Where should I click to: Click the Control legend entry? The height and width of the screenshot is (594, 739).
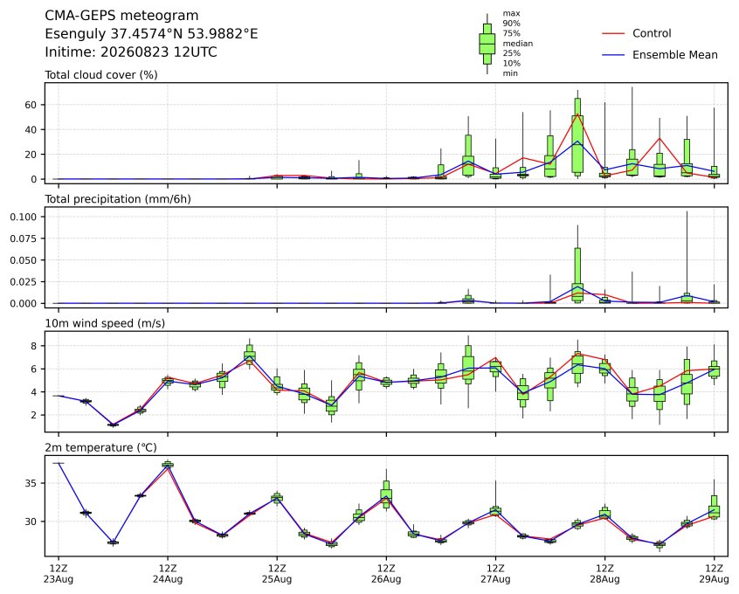(636, 33)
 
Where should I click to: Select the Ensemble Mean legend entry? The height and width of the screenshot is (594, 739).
(660, 55)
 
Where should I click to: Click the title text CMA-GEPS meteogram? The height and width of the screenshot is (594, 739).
(121, 16)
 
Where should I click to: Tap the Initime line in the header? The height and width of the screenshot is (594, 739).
(131, 52)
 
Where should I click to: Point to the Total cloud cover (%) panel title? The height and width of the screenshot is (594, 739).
(101, 75)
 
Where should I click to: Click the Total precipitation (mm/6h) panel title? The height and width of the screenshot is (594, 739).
(118, 199)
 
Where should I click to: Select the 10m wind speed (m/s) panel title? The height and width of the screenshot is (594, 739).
(105, 323)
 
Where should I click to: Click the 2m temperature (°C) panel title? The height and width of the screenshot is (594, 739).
(100, 447)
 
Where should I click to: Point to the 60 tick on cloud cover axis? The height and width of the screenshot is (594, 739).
(31, 105)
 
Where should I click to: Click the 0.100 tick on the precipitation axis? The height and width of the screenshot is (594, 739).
(24, 217)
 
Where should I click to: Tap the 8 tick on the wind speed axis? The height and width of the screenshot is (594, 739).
(34, 346)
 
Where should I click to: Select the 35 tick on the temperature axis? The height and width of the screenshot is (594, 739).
(31, 484)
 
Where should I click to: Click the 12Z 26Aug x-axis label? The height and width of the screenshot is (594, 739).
(386, 574)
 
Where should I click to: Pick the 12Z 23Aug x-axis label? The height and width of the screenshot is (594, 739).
(59, 574)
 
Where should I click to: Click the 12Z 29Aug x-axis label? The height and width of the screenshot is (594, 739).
(714, 574)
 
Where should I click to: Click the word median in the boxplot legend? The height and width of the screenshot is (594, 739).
(517, 44)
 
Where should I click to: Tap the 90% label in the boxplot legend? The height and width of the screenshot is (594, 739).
(511, 23)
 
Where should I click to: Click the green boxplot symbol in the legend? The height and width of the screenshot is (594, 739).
(487, 44)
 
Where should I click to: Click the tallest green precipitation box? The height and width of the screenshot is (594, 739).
(577, 274)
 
